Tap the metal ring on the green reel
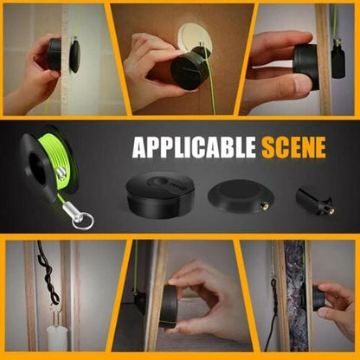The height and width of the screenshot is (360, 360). point(82,220)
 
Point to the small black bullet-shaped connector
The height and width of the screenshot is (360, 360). point(313,202)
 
